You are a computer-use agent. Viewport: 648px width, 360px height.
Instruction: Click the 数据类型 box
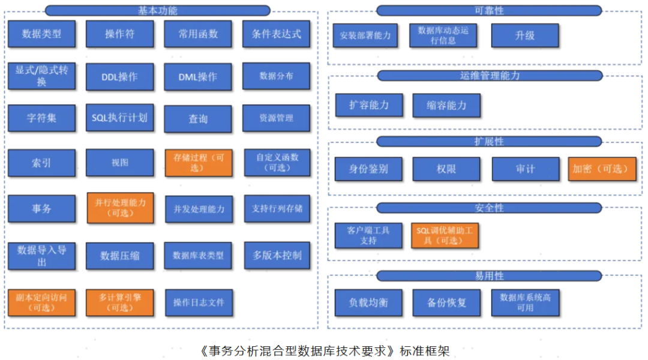42,34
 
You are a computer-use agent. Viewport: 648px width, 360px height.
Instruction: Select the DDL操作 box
120,77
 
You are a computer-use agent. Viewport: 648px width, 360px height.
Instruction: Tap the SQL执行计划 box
120,118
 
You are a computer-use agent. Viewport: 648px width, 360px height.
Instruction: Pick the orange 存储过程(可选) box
198,162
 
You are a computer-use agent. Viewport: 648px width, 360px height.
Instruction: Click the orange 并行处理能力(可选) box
120,208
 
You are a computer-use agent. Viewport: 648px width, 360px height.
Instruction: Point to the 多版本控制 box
277,255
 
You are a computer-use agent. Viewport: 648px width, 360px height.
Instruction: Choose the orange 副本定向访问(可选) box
42,302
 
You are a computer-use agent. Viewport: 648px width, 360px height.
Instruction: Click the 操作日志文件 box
199,302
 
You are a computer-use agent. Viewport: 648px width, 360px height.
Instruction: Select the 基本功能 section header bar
158,10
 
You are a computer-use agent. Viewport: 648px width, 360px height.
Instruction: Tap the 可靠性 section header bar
489,10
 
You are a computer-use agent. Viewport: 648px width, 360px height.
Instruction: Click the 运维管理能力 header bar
489,76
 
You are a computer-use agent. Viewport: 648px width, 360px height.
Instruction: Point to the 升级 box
525,35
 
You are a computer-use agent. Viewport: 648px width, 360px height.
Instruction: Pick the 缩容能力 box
446,105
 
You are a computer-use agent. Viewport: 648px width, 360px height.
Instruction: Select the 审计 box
525,169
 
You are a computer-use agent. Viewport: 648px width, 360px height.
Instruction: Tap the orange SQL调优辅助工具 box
445,235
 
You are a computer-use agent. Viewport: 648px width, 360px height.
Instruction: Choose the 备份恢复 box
446,302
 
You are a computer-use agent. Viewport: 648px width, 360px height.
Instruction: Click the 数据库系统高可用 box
525,302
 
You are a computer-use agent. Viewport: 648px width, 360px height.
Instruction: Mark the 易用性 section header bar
489,275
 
